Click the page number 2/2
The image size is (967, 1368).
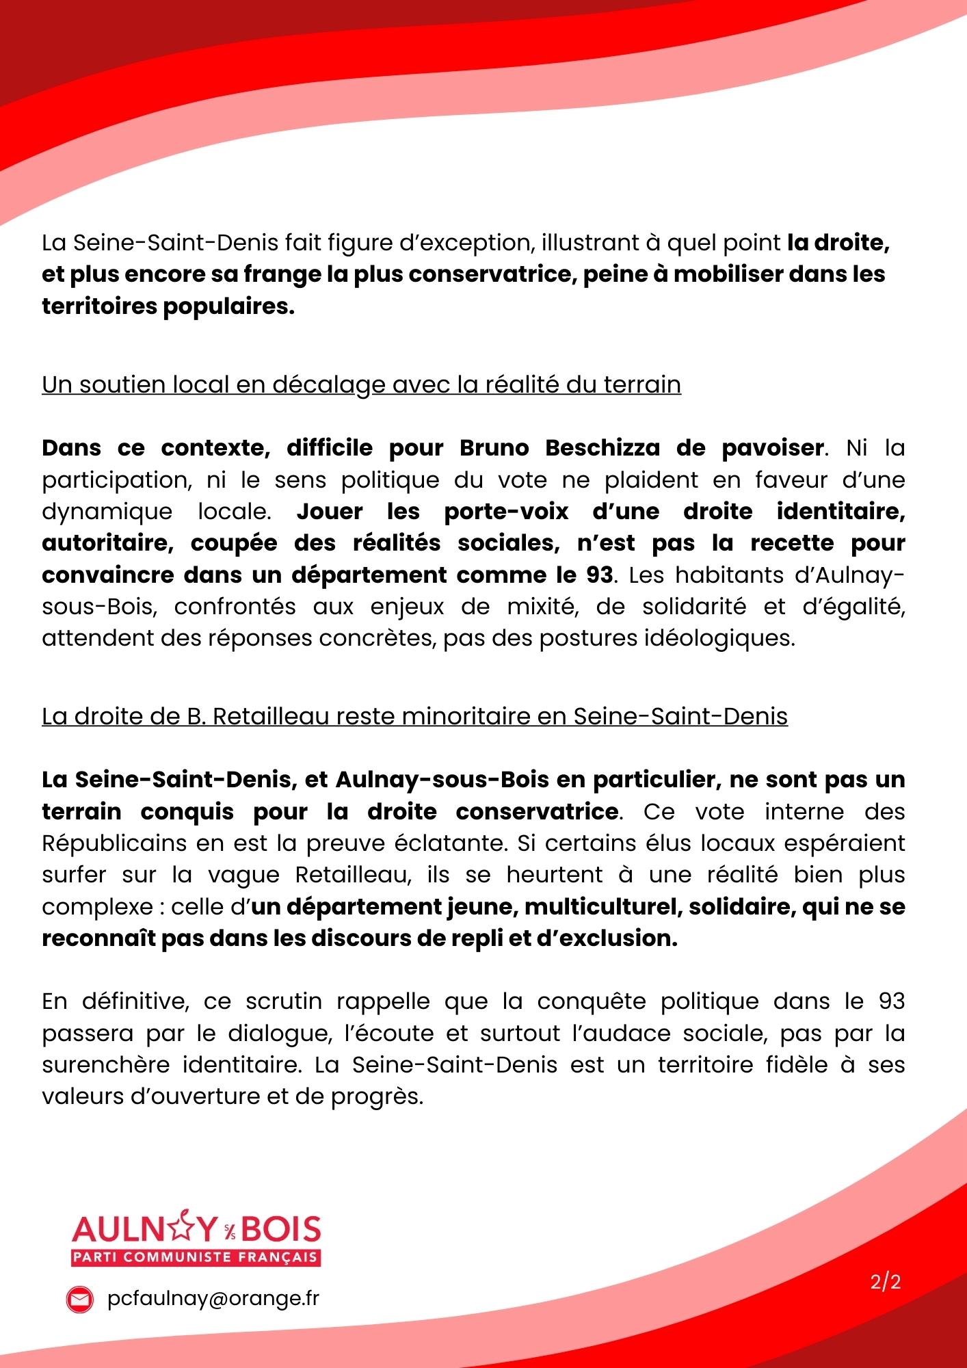pos(886,1282)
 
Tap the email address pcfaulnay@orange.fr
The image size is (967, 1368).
pos(213,1299)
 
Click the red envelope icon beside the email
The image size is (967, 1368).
pos(79,1300)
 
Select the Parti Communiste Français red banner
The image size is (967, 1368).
pos(196,1257)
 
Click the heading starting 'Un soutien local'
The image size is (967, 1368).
pos(361,384)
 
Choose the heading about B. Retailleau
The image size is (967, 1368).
pos(414,716)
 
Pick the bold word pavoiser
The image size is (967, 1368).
pos(773,448)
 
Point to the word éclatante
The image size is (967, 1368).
pos(451,843)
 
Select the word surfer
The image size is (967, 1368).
pos(74,875)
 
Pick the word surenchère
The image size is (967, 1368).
pos(105,1065)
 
